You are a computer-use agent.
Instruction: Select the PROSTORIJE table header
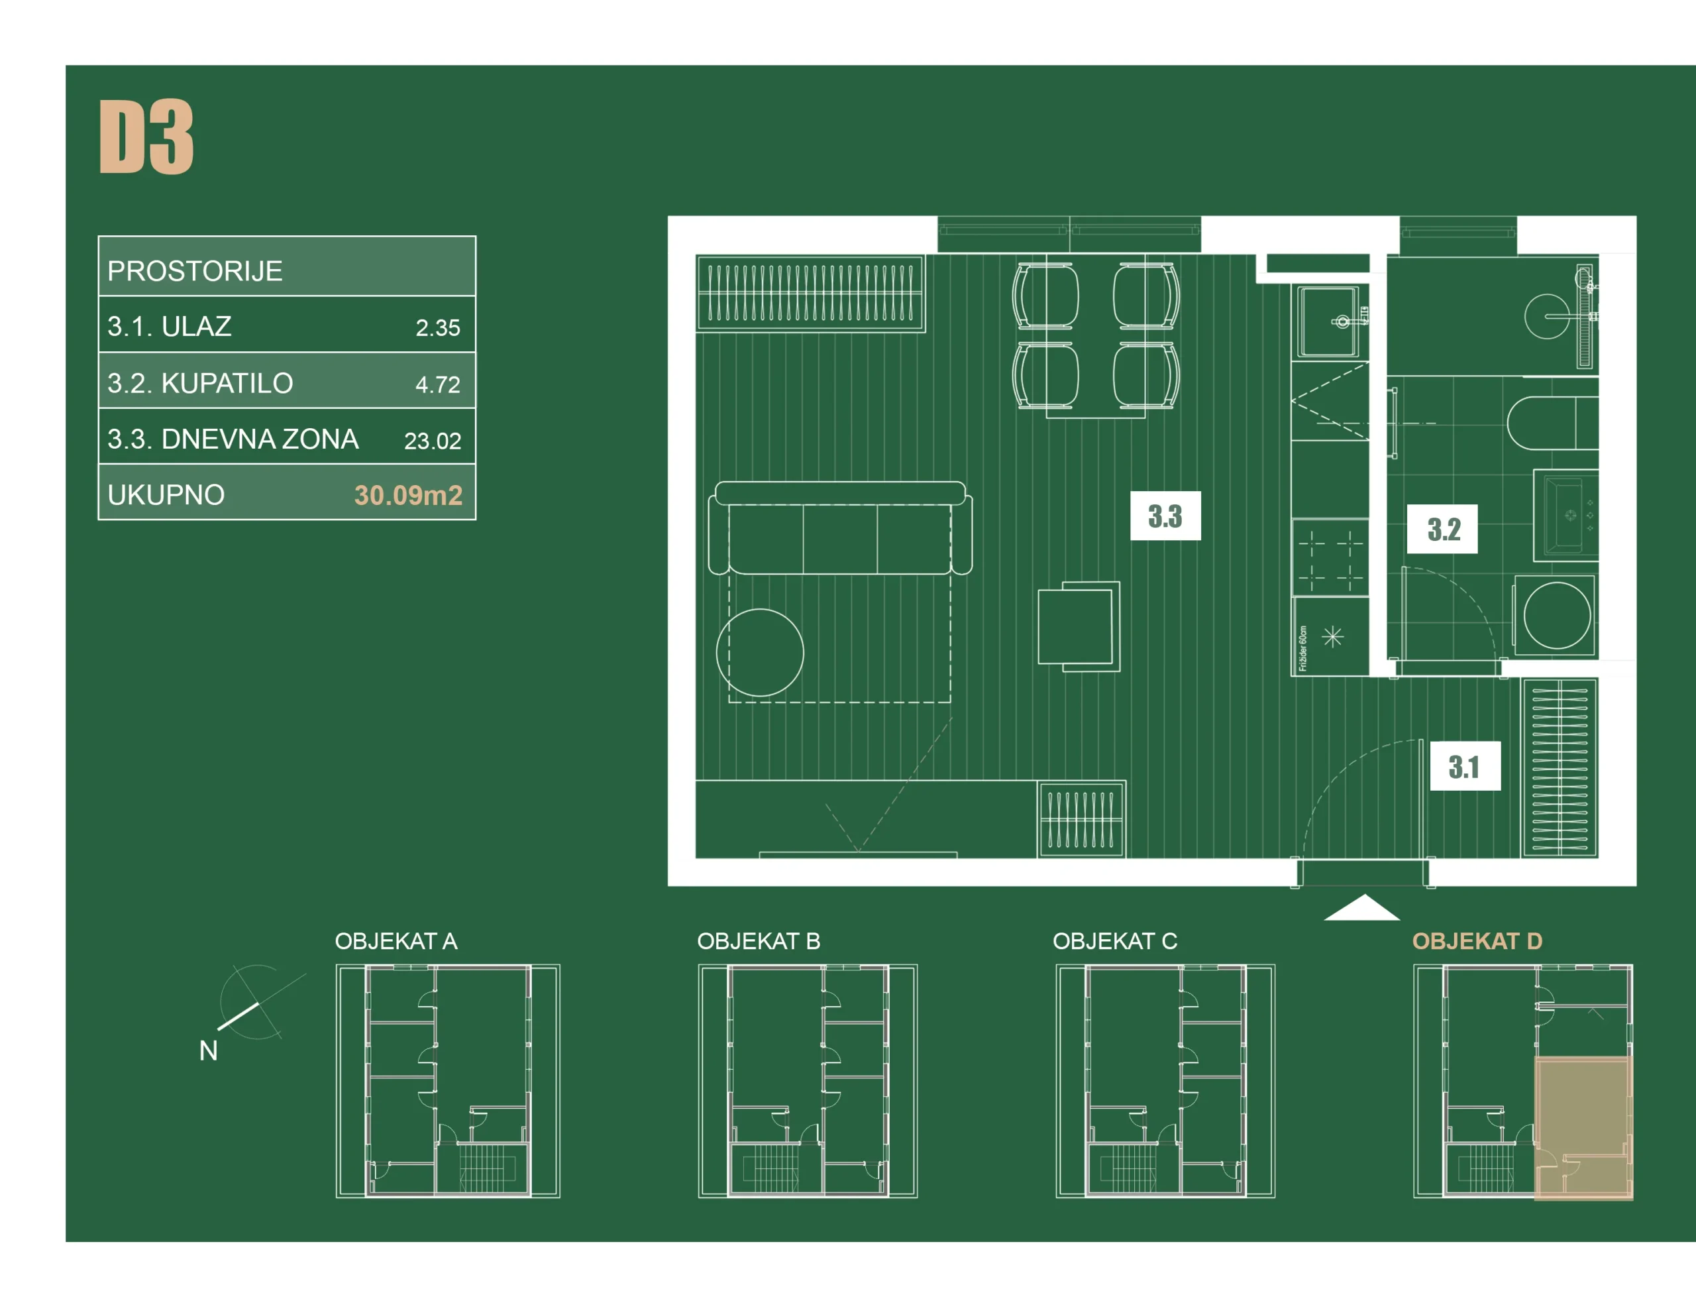tap(195, 271)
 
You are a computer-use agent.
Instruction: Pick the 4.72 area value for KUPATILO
tap(438, 384)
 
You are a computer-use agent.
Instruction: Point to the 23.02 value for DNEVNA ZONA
tap(433, 441)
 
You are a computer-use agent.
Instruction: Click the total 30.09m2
tap(409, 495)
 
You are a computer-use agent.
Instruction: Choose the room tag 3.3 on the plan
tap(1165, 516)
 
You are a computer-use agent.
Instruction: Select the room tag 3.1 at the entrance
tap(1465, 767)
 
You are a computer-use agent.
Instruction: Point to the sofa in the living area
tap(840, 528)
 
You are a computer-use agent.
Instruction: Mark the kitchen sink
tap(1330, 321)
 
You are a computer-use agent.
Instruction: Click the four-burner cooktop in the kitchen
tap(1330, 556)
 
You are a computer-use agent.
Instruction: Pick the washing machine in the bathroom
tap(1556, 616)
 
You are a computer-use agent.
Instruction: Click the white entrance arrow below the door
tap(1362, 907)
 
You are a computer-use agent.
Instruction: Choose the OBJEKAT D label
tap(1477, 941)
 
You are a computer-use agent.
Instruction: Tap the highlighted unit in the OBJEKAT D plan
tap(1584, 1128)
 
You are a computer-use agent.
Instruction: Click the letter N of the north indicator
tap(208, 1051)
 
